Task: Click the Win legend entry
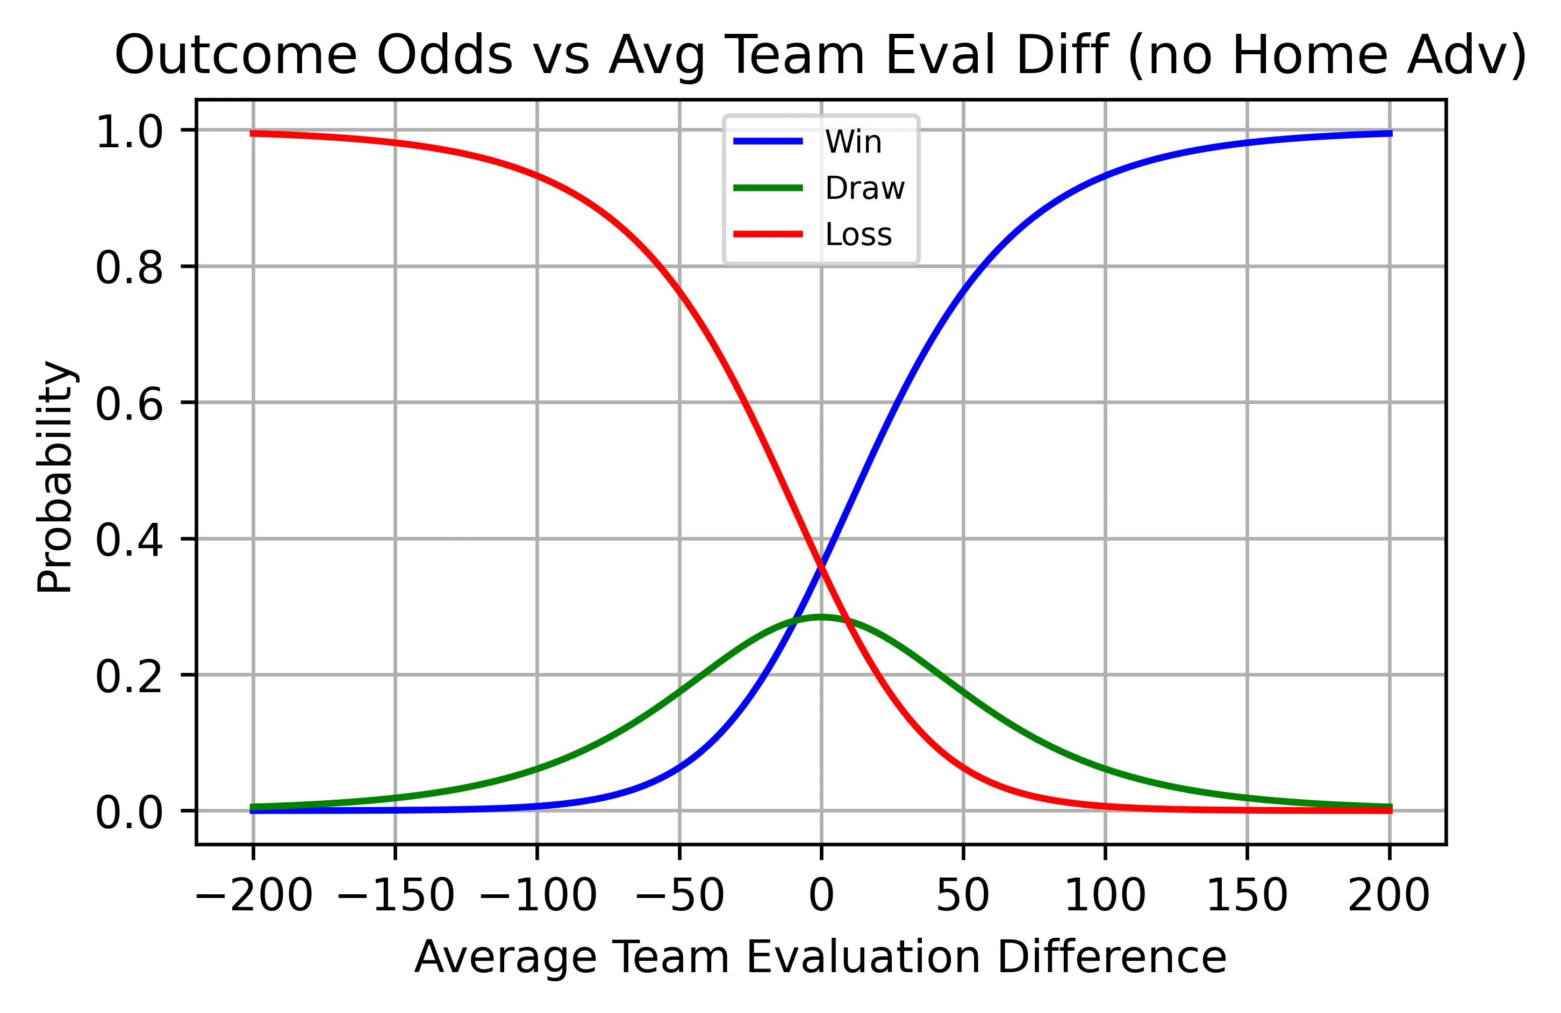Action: point(853,142)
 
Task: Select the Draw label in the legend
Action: point(864,189)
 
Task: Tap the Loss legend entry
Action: point(858,235)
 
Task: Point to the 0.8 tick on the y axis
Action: point(129,268)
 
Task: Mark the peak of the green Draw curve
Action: point(820,616)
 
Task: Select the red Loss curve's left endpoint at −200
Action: point(253,133)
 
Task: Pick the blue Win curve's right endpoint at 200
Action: point(1389,133)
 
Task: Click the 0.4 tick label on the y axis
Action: point(129,541)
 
